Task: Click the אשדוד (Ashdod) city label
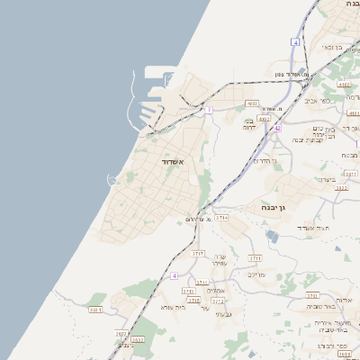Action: pos(172,161)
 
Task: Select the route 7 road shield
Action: pos(208,110)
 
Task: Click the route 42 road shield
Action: pos(278,129)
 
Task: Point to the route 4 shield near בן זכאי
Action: pos(295,42)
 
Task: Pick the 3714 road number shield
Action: pos(222,218)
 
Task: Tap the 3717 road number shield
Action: pos(198,254)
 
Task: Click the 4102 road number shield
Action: pos(252,103)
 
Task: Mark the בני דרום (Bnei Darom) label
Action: pos(249,125)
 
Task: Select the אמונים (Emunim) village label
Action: pos(216,290)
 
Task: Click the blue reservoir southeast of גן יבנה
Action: pos(273,236)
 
